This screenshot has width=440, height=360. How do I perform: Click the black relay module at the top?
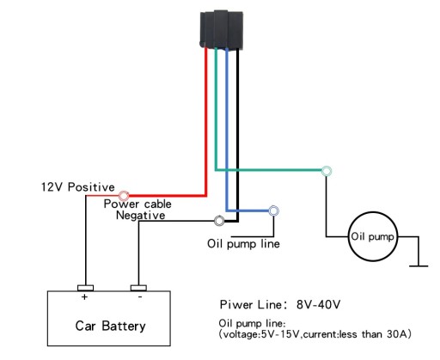click(x=222, y=29)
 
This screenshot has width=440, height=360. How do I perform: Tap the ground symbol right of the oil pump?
click(x=419, y=265)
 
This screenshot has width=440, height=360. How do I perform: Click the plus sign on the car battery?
click(x=84, y=297)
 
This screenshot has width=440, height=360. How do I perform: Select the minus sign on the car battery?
click(x=140, y=297)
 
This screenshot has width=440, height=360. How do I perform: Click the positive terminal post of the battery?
click(x=85, y=288)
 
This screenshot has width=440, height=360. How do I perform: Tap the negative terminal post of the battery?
click(x=138, y=288)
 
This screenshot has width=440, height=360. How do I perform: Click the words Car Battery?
click(x=110, y=326)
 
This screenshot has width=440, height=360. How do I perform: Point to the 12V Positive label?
click(x=78, y=187)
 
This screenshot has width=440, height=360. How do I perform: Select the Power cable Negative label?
click(x=138, y=210)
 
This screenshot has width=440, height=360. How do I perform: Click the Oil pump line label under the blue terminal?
click(x=243, y=244)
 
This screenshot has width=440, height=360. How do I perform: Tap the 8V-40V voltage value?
click(x=318, y=304)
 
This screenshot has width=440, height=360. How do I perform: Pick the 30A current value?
click(x=397, y=334)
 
